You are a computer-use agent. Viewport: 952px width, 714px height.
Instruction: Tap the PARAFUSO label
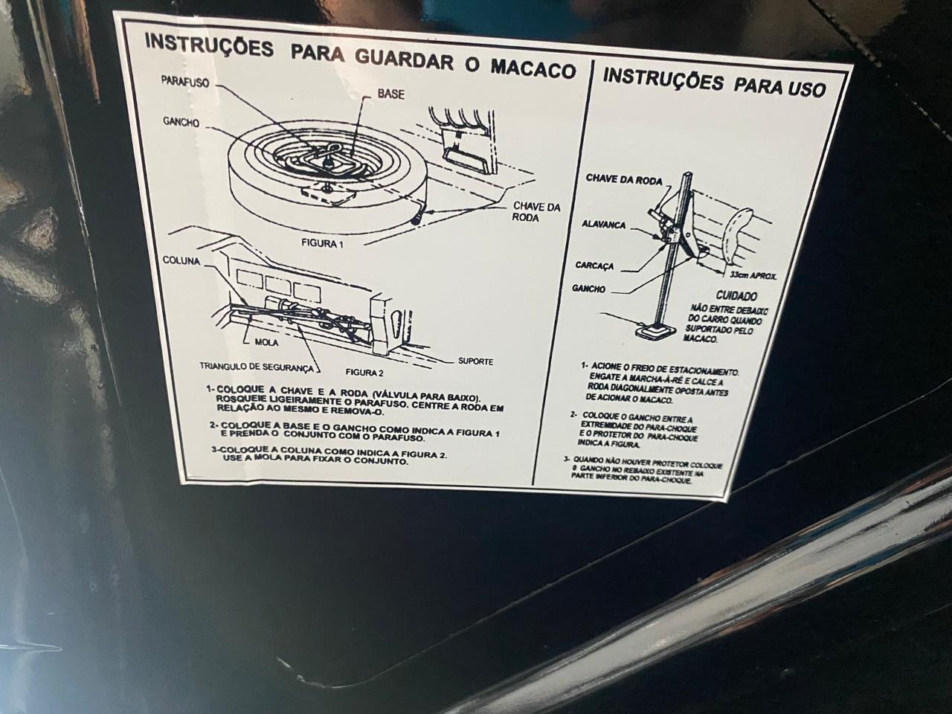pyautogui.click(x=185, y=82)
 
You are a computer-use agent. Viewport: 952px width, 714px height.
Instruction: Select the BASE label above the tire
pyautogui.click(x=390, y=94)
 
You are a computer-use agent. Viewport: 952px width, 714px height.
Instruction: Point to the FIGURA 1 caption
pyautogui.click(x=322, y=244)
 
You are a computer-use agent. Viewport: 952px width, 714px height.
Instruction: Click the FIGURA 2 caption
pyautogui.click(x=364, y=372)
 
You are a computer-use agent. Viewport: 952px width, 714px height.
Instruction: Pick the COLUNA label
pyautogui.click(x=181, y=261)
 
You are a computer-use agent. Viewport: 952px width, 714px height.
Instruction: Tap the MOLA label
pyautogui.click(x=266, y=342)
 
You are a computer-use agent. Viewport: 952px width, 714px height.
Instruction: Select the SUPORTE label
pyautogui.click(x=475, y=361)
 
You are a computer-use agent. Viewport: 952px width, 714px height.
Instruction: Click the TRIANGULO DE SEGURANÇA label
pyautogui.click(x=257, y=367)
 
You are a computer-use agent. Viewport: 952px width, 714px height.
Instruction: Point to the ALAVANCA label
pyautogui.click(x=604, y=225)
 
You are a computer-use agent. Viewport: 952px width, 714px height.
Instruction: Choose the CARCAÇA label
pyautogui.click(x=594, y=266)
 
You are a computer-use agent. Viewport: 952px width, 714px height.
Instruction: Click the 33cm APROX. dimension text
pyautogui.click(x=753, y=275)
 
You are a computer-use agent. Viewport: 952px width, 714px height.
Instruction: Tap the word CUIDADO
pyautogui.click(x=736, y=296)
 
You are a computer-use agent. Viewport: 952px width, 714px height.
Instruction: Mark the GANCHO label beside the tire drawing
pyautogui.click(x=181, y=123)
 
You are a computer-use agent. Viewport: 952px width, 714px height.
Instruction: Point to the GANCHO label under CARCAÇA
pyautogui.click(x=588, y=289)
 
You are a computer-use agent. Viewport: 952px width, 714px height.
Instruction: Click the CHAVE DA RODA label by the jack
pyautogui.click(x=624, y=179)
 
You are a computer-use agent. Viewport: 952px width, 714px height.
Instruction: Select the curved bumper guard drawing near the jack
pyautogui.click(x=736, y=237)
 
